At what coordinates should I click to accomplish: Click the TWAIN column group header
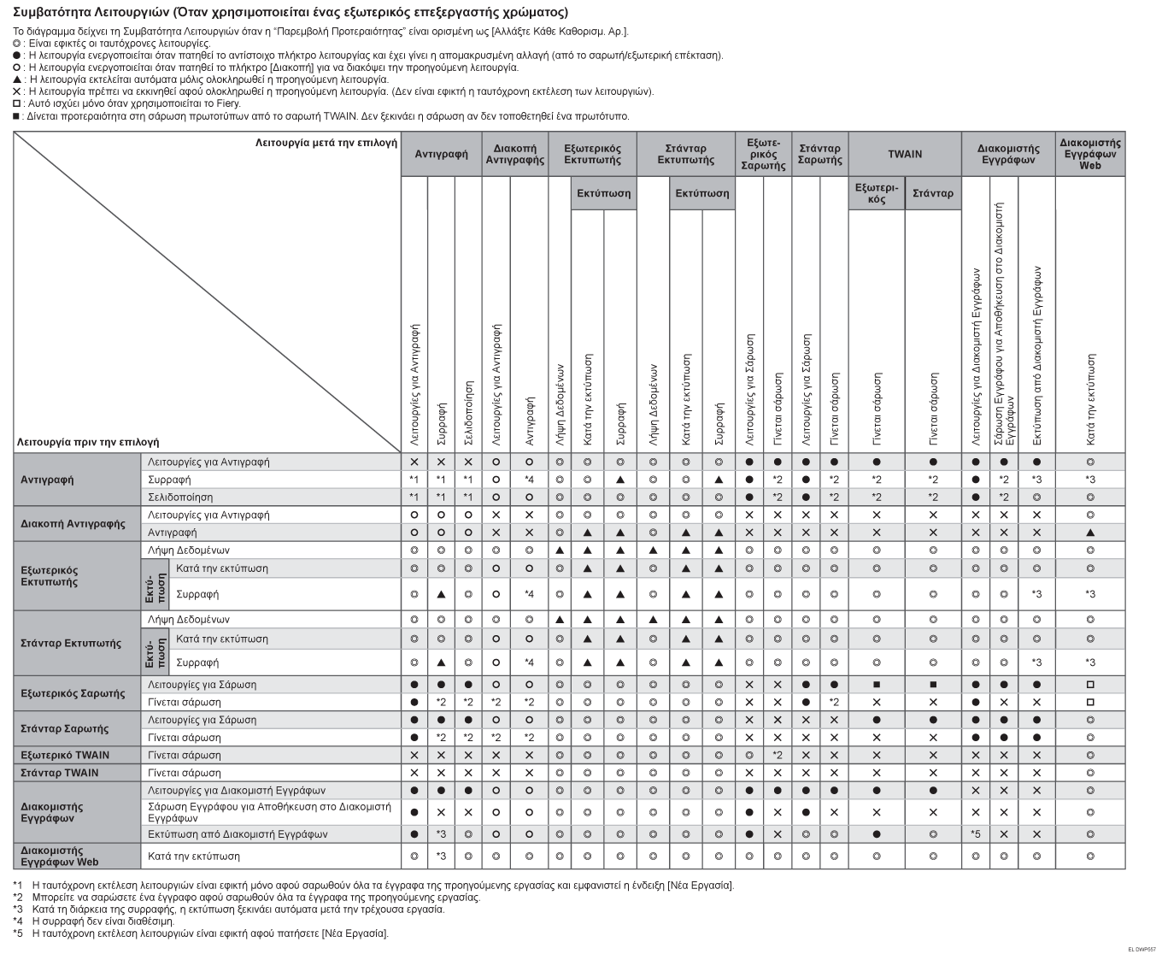[905, 154]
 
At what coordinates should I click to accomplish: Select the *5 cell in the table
[975, 833]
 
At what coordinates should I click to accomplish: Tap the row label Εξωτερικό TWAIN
[65, 755]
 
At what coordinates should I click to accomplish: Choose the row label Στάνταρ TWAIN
[60, 773]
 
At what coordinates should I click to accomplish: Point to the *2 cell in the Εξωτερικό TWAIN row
[778, 755]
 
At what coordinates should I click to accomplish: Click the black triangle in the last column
[1090, 533]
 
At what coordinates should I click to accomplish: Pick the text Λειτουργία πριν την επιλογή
[88, 442]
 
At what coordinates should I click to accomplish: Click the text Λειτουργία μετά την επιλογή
[326, 143]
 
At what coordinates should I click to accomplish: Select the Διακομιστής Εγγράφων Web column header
[1090, 154]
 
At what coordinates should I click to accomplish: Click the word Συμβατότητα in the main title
[52, 13]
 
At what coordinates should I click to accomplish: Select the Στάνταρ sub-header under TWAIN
[933, 193]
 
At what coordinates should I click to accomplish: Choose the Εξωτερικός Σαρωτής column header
[762, 154]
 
